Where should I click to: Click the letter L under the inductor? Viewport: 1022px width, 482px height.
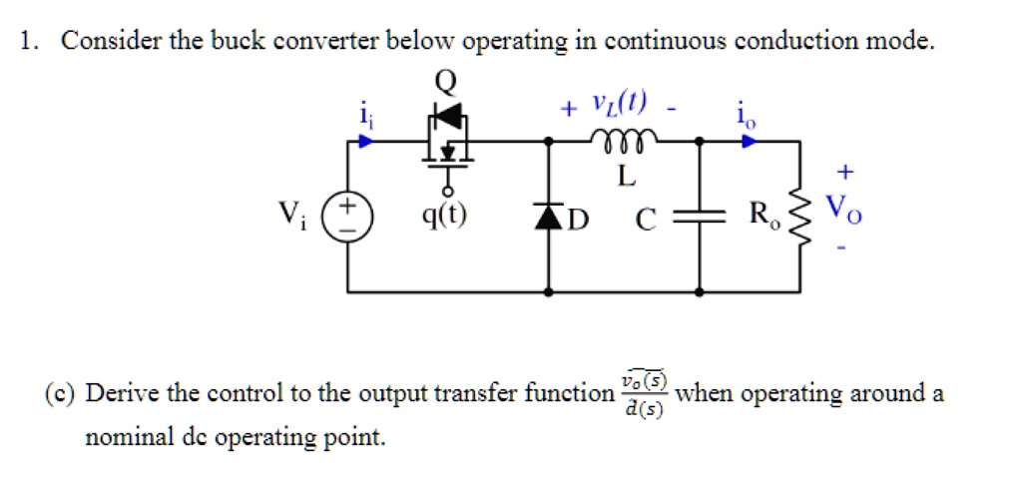(x=625, y=178)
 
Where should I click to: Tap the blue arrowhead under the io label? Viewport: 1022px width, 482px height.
(x=748, y=141)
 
